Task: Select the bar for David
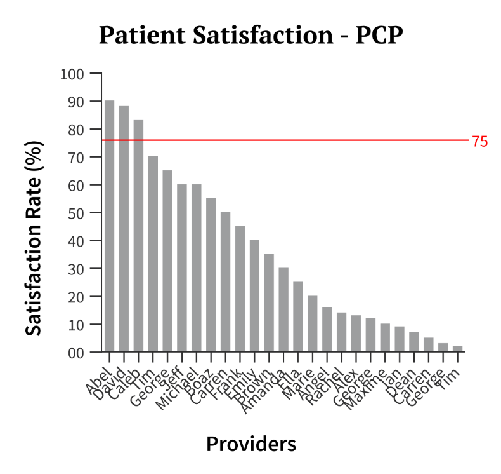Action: point(124,229)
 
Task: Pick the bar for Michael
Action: point(196,267)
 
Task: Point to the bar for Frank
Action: point(240,288)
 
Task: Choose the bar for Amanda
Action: point(283,309)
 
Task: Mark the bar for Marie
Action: point(312,323)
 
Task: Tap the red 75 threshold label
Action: point(479,142)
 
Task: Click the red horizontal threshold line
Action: point(285,140)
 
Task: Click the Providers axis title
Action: point(251,444)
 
